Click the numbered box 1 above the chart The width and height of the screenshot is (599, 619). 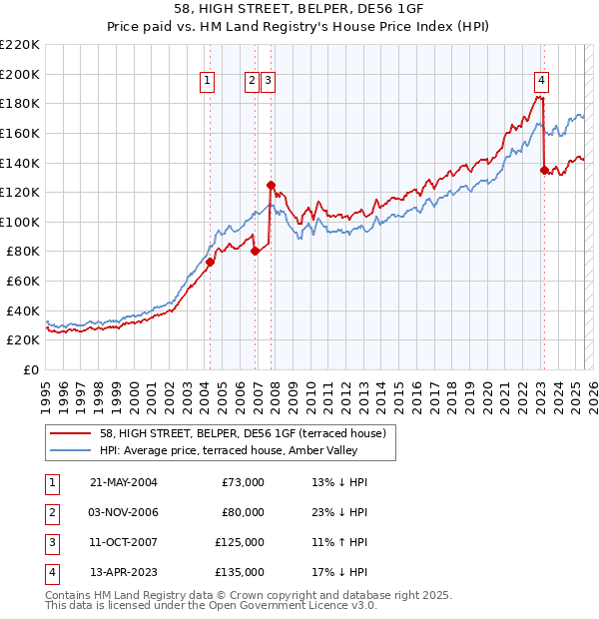(207, 82)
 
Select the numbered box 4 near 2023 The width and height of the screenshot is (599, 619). (540, 82)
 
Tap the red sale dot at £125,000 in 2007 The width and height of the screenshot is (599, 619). (271, 185)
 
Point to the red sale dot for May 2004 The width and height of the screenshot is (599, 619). (211, 262)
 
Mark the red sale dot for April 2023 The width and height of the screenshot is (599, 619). (544, 170)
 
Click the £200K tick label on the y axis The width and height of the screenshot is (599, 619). (20, 74)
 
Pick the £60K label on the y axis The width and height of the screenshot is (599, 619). (24, 282)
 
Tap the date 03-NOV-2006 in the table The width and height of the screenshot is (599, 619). (125, 512)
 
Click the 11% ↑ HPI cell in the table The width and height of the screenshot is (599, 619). (339, 542)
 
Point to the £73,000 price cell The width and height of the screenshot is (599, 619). (244, 482)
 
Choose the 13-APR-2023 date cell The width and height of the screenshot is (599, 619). (124, 572)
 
